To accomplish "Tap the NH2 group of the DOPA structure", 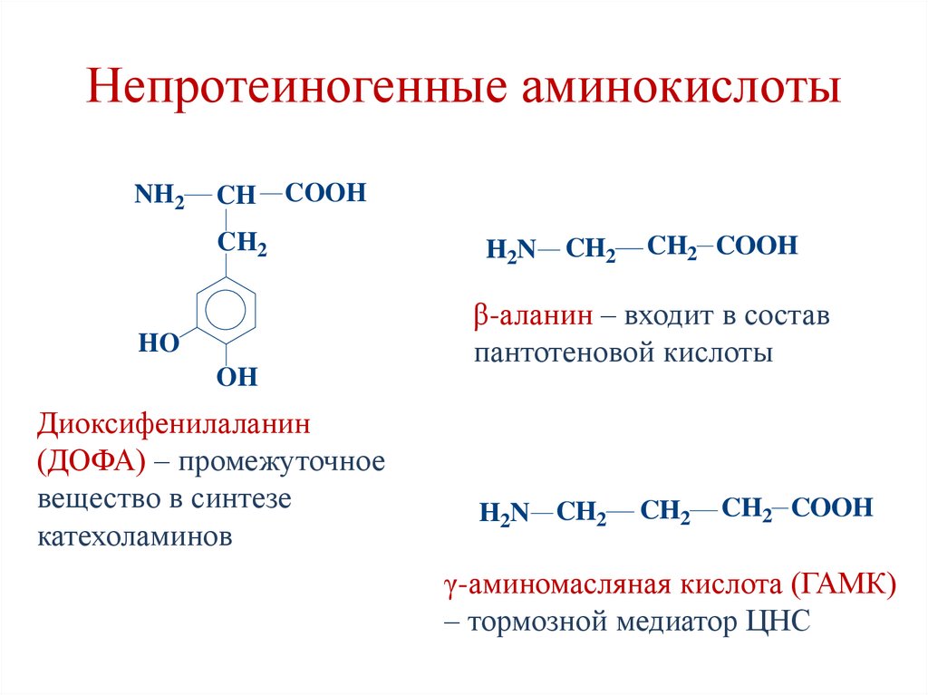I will coord(159,196).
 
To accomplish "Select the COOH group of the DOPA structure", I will coord(325,193).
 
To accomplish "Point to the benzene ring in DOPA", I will coord(225,310).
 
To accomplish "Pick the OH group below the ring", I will coord(237,377).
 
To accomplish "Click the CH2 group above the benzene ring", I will coord(240,243).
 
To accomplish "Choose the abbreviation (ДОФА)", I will coord(92,461).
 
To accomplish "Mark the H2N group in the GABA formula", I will coord(504,512).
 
